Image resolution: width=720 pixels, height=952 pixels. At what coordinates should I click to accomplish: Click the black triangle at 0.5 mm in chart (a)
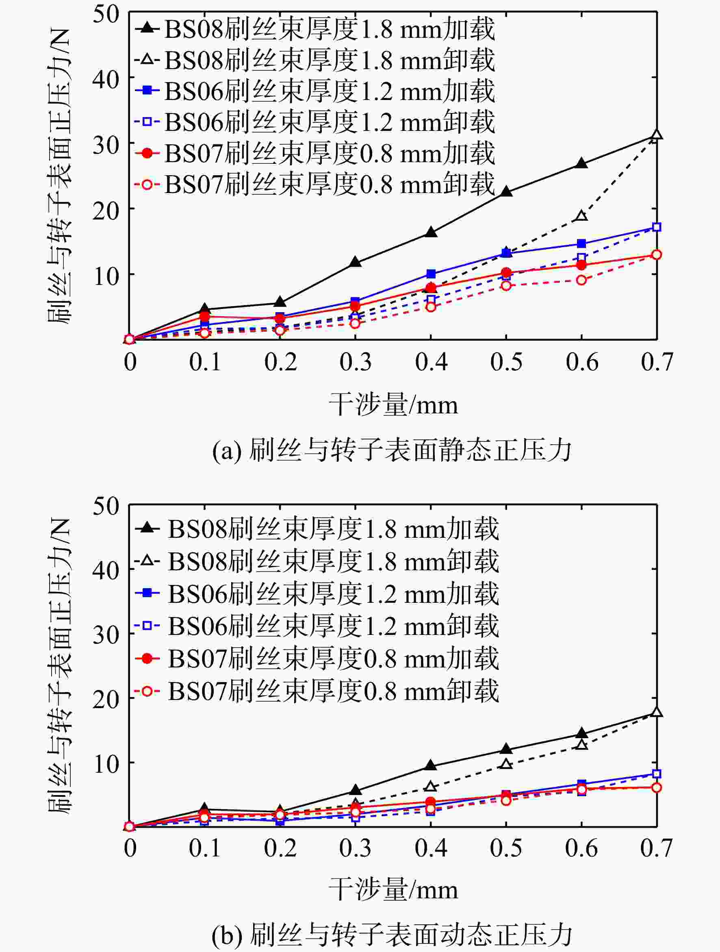pos(506,191)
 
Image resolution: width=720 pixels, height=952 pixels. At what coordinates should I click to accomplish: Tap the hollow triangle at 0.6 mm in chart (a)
pos(581,215)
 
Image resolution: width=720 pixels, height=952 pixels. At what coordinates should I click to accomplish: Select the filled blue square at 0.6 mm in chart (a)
pos(581,243)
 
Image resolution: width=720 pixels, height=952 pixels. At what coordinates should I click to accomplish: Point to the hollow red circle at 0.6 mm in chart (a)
pos(581,280)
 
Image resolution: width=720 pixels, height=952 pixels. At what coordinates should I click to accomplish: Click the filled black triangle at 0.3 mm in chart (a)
pos(355,262)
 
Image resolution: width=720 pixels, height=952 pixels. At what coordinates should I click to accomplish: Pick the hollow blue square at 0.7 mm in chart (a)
pos(656,227)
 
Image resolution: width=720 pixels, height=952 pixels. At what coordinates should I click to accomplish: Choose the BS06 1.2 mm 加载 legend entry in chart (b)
pos(317,593)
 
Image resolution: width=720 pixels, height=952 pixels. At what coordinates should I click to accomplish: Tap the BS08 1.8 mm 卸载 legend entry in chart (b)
pos(317,561)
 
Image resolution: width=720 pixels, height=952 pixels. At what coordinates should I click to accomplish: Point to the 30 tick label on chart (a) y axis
pos(106,146)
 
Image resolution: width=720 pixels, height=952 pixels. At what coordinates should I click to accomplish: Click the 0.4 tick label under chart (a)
pos(431,361)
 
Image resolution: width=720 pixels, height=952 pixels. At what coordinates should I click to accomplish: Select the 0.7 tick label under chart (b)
pos(656,848)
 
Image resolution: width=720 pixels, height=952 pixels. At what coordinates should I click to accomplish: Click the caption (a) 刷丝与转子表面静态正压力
pos(392,451)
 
